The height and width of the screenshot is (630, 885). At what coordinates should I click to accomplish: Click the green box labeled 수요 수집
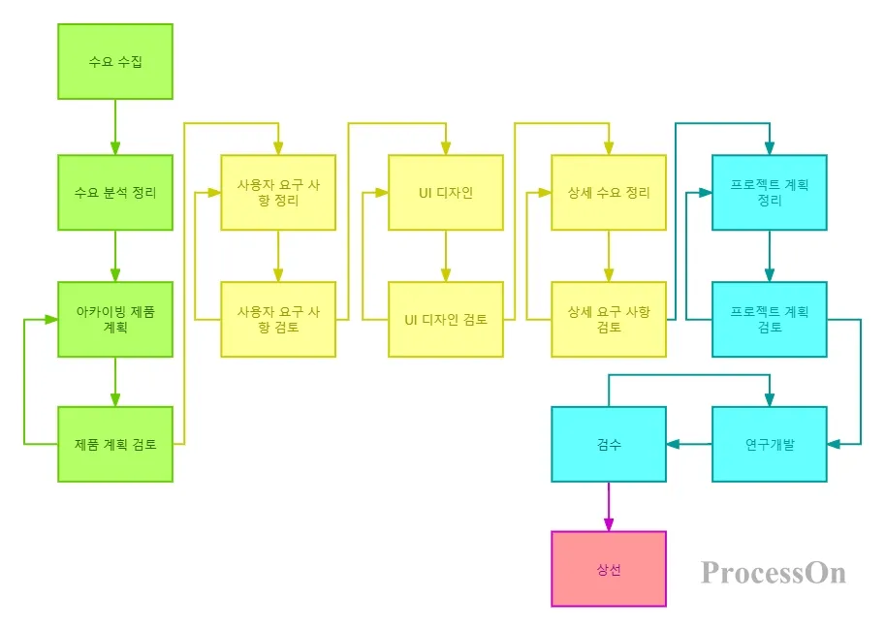[115, 61]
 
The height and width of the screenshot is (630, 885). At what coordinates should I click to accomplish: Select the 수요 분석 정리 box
[115, 192]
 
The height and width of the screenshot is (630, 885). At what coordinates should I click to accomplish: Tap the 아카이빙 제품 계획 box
[115, 319]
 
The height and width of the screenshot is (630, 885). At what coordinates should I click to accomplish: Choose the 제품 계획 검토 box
[115, 444]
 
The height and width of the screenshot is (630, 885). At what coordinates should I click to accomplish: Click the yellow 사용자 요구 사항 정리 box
[278, 192]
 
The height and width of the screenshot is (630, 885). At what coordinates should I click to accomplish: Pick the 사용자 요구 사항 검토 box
[278, 319]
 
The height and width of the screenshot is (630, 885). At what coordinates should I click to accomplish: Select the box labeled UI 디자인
[446, 192]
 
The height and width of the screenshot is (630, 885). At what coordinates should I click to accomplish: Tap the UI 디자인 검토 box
[446, 319]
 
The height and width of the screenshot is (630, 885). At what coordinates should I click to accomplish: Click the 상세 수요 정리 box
[609, 192]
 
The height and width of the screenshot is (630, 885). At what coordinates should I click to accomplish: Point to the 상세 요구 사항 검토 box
[609, 319]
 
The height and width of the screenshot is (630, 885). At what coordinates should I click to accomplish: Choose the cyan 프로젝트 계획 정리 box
[770, 192]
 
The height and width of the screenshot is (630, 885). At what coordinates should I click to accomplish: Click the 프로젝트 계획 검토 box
[770, 319]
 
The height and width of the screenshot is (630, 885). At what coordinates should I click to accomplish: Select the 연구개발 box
[770, 444]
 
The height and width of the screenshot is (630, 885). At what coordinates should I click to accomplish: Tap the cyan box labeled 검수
[609, 444]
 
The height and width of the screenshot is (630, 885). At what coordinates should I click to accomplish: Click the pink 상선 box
[609, 569]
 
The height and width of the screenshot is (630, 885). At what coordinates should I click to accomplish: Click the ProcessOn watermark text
[774, 573]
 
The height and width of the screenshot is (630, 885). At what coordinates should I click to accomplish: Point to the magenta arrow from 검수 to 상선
[609, 507]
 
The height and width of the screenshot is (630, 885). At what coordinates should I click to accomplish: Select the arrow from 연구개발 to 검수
[689, 444]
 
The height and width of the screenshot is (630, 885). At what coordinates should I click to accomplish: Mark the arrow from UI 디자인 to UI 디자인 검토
[446, 256]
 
